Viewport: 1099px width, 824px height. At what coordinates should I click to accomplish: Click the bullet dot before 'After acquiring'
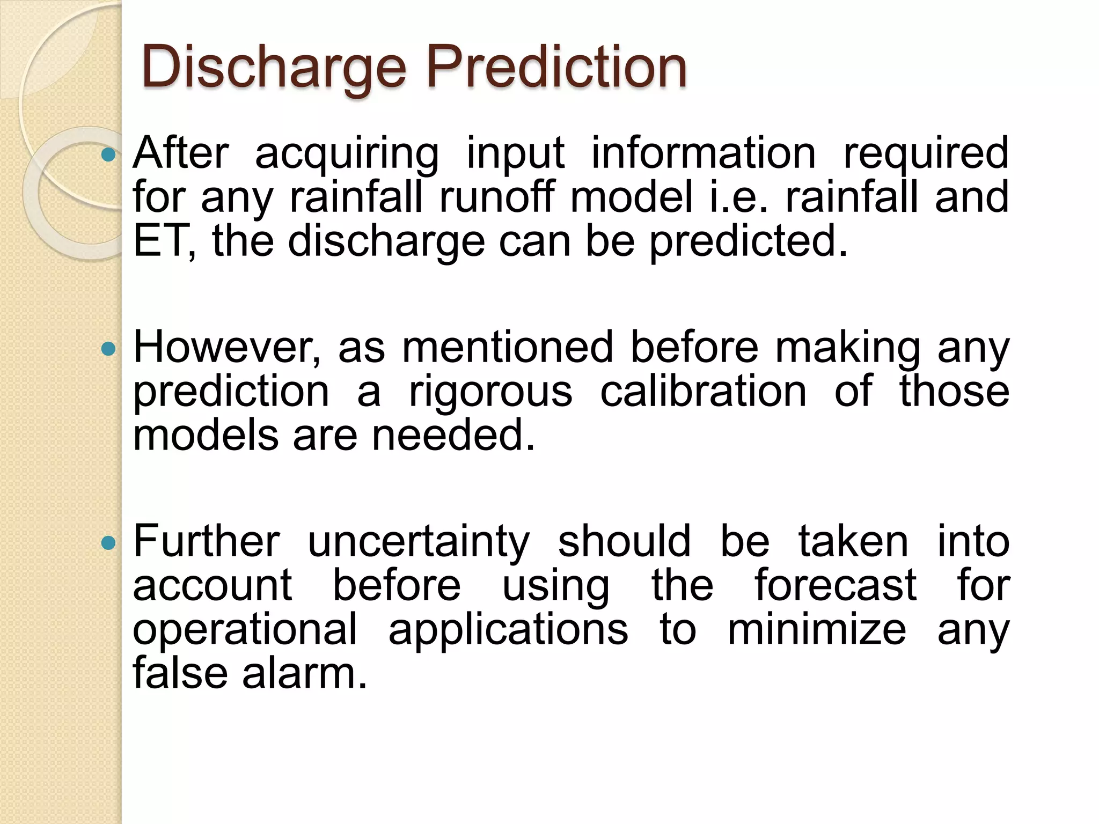[108, 156]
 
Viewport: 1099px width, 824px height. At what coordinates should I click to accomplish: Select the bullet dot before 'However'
[108, 350]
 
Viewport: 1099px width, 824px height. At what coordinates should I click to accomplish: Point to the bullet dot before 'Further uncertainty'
[108, 543]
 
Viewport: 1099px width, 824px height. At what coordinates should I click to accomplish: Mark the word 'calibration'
[703, 391]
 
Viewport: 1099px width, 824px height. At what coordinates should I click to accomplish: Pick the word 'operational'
[245, 630]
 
